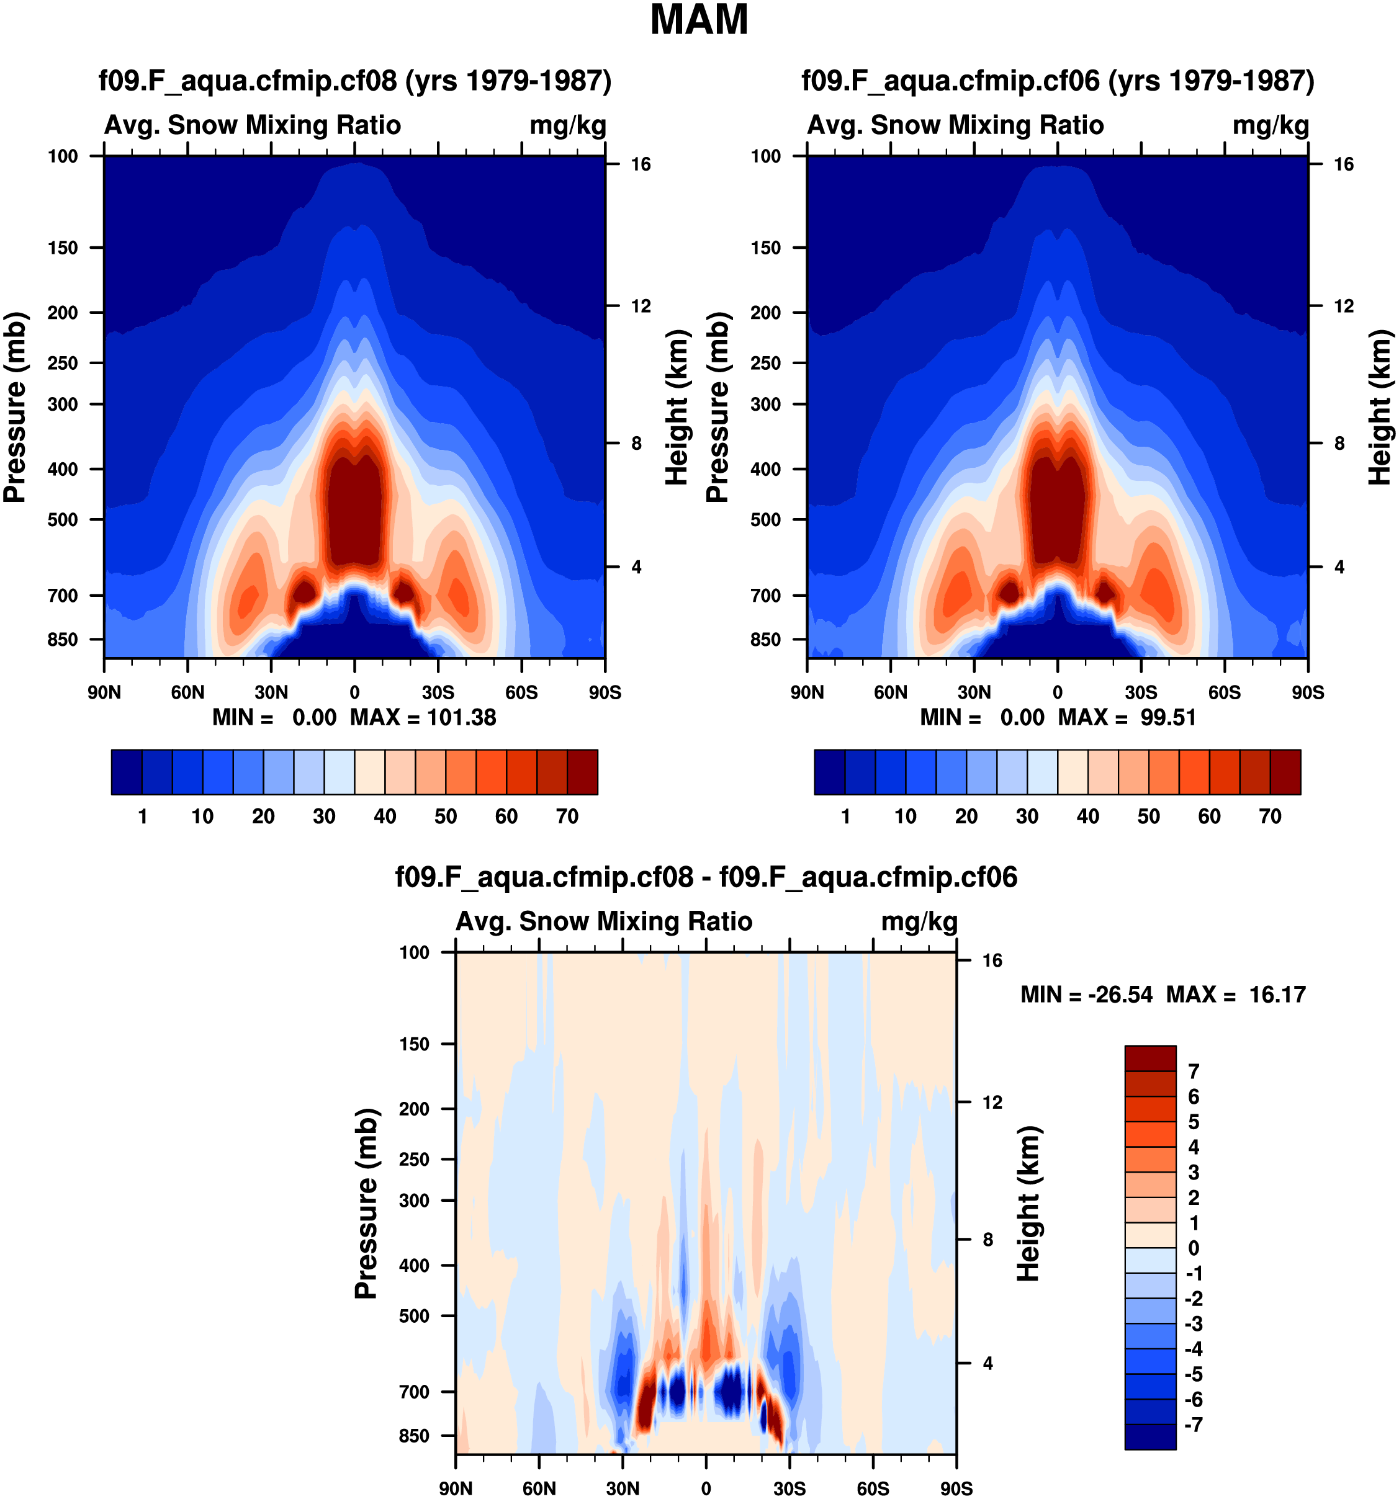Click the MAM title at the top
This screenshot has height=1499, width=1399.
[699, 20]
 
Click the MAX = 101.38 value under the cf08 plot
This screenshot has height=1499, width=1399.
[423, 717]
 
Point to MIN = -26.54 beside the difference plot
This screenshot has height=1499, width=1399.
[1086, 995]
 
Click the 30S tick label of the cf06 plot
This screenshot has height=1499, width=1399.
[1140, 692]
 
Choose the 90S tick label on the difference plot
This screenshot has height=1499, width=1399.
[956, 1488]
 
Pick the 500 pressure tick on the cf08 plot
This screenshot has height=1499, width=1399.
[63, 519]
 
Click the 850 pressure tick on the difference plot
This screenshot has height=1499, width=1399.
[414, 1436]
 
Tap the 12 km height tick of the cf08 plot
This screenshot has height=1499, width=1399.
[641, 306]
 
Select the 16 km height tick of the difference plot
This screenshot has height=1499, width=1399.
[992, 960]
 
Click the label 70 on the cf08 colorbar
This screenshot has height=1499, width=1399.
[567, 816]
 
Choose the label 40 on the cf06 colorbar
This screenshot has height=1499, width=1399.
[1087, 816]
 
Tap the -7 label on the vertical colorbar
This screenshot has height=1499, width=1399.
[1193, 1425]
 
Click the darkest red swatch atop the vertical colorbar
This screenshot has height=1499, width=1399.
[1150, 1058]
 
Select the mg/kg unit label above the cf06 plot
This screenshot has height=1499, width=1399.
[1271, 125]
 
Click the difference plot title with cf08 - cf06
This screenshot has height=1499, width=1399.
[706, 877]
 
